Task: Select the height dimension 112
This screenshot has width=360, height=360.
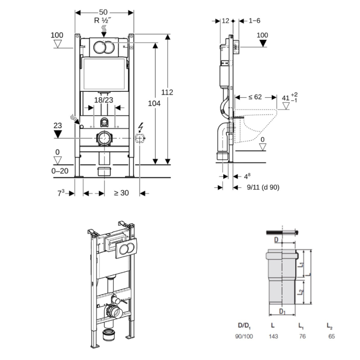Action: [167, 92]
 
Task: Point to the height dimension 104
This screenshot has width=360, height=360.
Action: [154, 103]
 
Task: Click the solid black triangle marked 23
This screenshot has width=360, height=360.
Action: [57, 134]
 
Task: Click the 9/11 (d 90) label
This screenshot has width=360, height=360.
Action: [261, 188]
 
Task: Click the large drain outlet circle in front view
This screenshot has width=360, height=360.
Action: [104, 137]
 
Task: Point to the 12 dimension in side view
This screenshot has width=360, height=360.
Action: [226, 20]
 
